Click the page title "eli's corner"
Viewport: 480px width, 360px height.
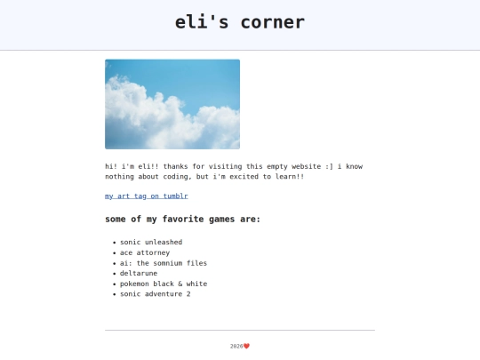pos(240,22)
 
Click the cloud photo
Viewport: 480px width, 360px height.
pos(172,104)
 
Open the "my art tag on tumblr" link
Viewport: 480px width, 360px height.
pos(147,196)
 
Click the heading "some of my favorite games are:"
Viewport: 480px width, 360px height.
pos(183,219)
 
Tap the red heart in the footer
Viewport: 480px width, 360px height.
pos(247,346)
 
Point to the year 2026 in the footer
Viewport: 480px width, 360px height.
pos(236,346)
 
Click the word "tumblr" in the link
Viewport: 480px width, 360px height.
pos(175,196)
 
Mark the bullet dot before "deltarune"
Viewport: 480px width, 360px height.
pos(115,274)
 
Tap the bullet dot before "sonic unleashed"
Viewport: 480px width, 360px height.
pos(115,243)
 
